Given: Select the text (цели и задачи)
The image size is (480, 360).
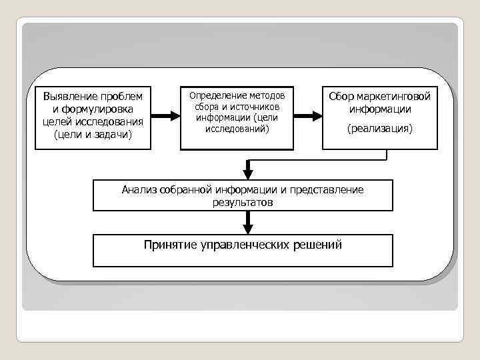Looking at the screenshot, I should point(93,135).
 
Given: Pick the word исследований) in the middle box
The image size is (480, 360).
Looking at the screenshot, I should point(237,128).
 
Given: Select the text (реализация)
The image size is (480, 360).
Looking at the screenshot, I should point(380,128).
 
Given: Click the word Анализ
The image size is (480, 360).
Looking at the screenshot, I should point(138,190).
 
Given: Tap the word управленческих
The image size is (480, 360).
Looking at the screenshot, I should point(245,245).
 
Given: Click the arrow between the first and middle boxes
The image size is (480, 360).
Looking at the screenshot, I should point(166,115).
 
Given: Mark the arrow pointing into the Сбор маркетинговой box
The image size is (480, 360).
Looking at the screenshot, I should point(307,115).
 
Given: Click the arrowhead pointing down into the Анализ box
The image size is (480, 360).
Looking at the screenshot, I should point(248,172).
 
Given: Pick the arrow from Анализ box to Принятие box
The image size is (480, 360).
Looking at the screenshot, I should point(248,221).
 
